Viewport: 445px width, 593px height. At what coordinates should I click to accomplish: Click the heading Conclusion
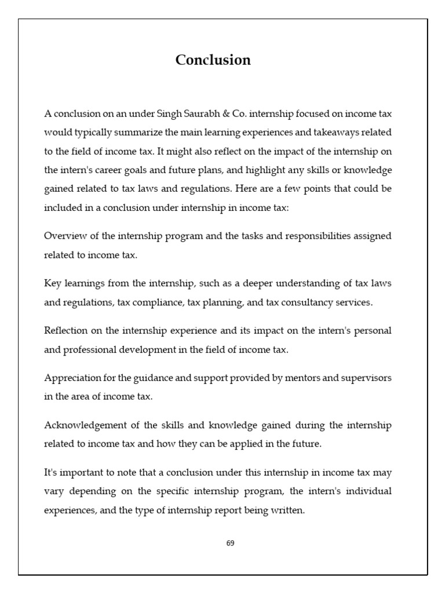point(213,60)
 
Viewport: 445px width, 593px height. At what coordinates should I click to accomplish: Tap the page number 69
point(230,543)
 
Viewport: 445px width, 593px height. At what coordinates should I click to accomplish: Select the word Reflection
point(67,330)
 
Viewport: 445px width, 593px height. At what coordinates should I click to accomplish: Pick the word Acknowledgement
point(82,425)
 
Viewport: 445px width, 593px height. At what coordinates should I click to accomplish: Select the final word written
point(287,511)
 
